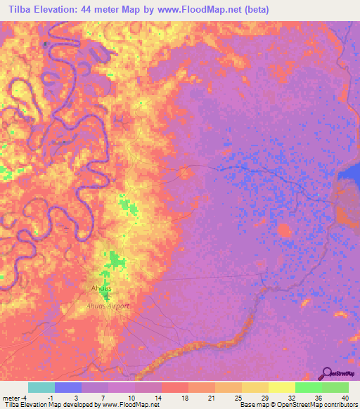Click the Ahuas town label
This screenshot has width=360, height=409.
(103, 289)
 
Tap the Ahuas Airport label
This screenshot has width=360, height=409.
(112, 305)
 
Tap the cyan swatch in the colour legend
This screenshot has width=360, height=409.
(41, 387)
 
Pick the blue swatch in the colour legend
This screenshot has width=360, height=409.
(68, 387)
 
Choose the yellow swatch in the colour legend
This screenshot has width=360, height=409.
(281, 387)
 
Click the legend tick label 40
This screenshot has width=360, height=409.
(345, 398)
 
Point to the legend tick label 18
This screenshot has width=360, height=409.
(184, 398)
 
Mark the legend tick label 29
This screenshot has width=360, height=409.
(264, 398)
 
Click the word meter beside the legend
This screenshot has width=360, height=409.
(12, 398)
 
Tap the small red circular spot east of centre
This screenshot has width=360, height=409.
(284, 231)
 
